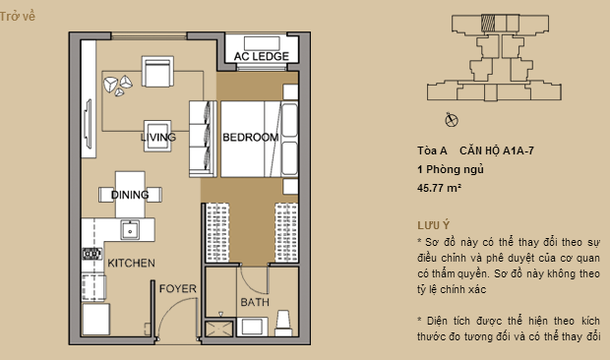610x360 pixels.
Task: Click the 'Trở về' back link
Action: coord(20,16)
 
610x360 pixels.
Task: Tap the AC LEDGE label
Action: coord(261,57)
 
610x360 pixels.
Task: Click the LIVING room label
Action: coord(158,138)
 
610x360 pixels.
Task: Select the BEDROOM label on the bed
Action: coord(249,138)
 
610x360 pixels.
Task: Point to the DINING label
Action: coord(130,195)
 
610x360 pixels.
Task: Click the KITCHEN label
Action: coord(132,264)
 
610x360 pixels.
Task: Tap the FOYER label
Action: coord(178,288)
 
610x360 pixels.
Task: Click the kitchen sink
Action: coord(130,230)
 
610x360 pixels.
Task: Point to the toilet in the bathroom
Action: coord(283,320)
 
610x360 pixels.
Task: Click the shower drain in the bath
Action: coord(218,329)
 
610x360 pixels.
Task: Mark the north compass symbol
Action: coord(451,120)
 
